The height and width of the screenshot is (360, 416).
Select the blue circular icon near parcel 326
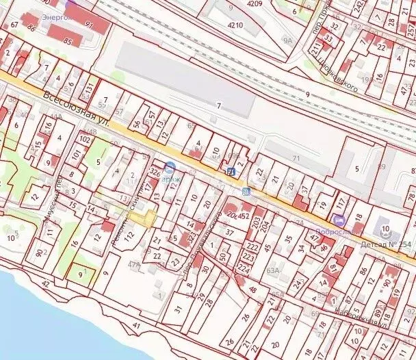pos(168,166)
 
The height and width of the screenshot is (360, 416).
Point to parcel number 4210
pos(235,25)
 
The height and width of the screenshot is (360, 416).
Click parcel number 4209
pos(255,3)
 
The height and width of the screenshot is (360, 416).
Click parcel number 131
pos(90,87)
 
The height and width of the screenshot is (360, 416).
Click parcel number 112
pos(129,236)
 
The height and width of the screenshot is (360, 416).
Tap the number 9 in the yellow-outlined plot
pos(81,273)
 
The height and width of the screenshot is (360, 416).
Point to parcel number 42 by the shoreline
pos(46,283)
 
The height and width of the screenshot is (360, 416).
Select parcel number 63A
pos(274,270)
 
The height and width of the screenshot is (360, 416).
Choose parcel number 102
pos(85,139)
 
